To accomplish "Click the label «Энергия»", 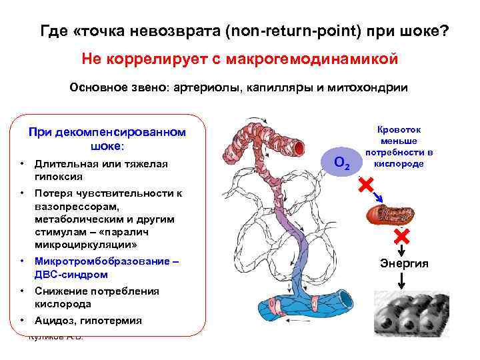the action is click(404, 264).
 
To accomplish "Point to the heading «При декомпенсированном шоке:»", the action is click(107, 139).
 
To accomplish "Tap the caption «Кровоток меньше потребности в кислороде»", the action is click(399, 147).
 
